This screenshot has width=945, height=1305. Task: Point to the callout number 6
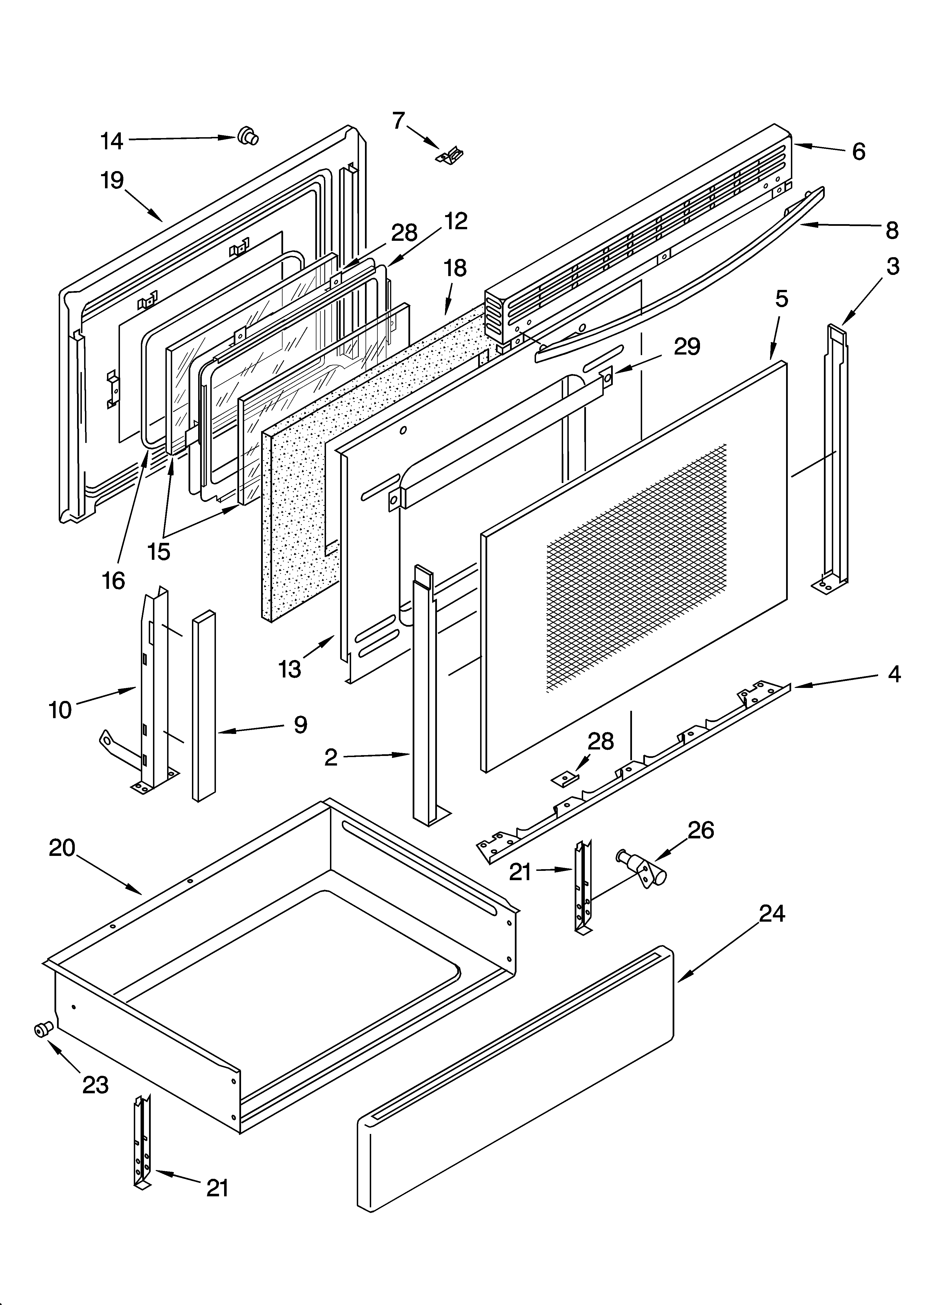(x=858, y=151)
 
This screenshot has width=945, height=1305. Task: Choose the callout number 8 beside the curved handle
(x=891, y=230)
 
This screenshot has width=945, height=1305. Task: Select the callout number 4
(x=894, y=674)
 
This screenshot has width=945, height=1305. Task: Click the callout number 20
(x=62, y=848)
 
